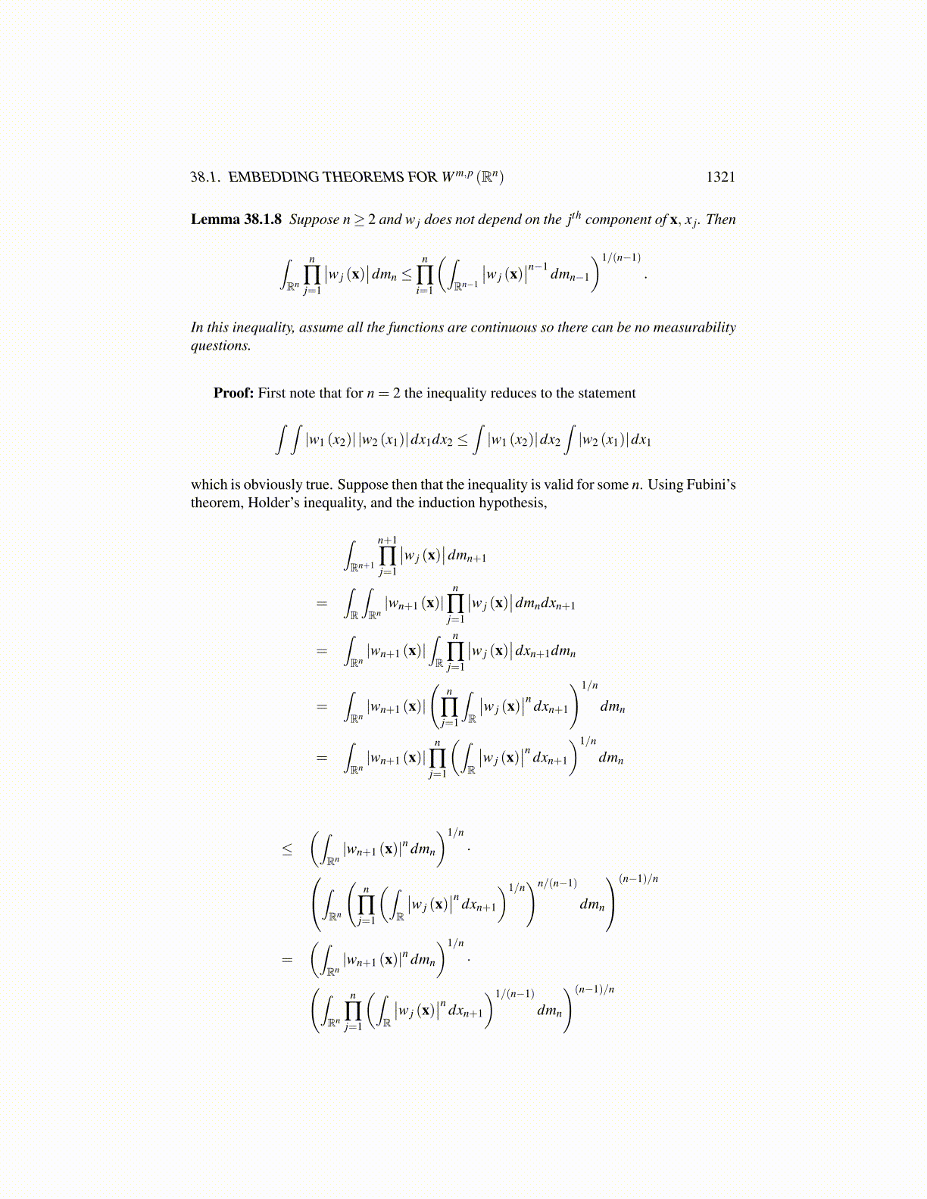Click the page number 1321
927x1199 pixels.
(720, 177)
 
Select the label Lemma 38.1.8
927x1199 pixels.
(236, 220)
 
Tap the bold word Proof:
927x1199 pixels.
(233, 393)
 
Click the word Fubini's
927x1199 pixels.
(711, 484)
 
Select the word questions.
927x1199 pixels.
(220, 346)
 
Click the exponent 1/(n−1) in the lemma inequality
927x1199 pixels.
(621, 258)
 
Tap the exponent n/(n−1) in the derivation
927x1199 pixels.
(557, 883)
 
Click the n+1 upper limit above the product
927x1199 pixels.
(387, 540)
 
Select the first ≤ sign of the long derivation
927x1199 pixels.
(287, 849)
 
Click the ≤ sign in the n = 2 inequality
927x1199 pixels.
(463, 440)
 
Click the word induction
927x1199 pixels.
(445, 503)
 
